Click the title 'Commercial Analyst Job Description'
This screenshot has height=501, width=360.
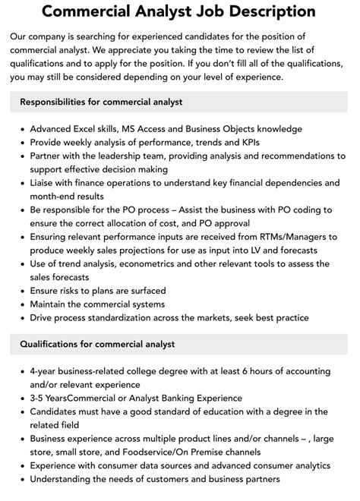point(179,12)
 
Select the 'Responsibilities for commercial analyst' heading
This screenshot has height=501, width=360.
point(101,102)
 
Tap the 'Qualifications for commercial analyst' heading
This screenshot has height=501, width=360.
point(97,344)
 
